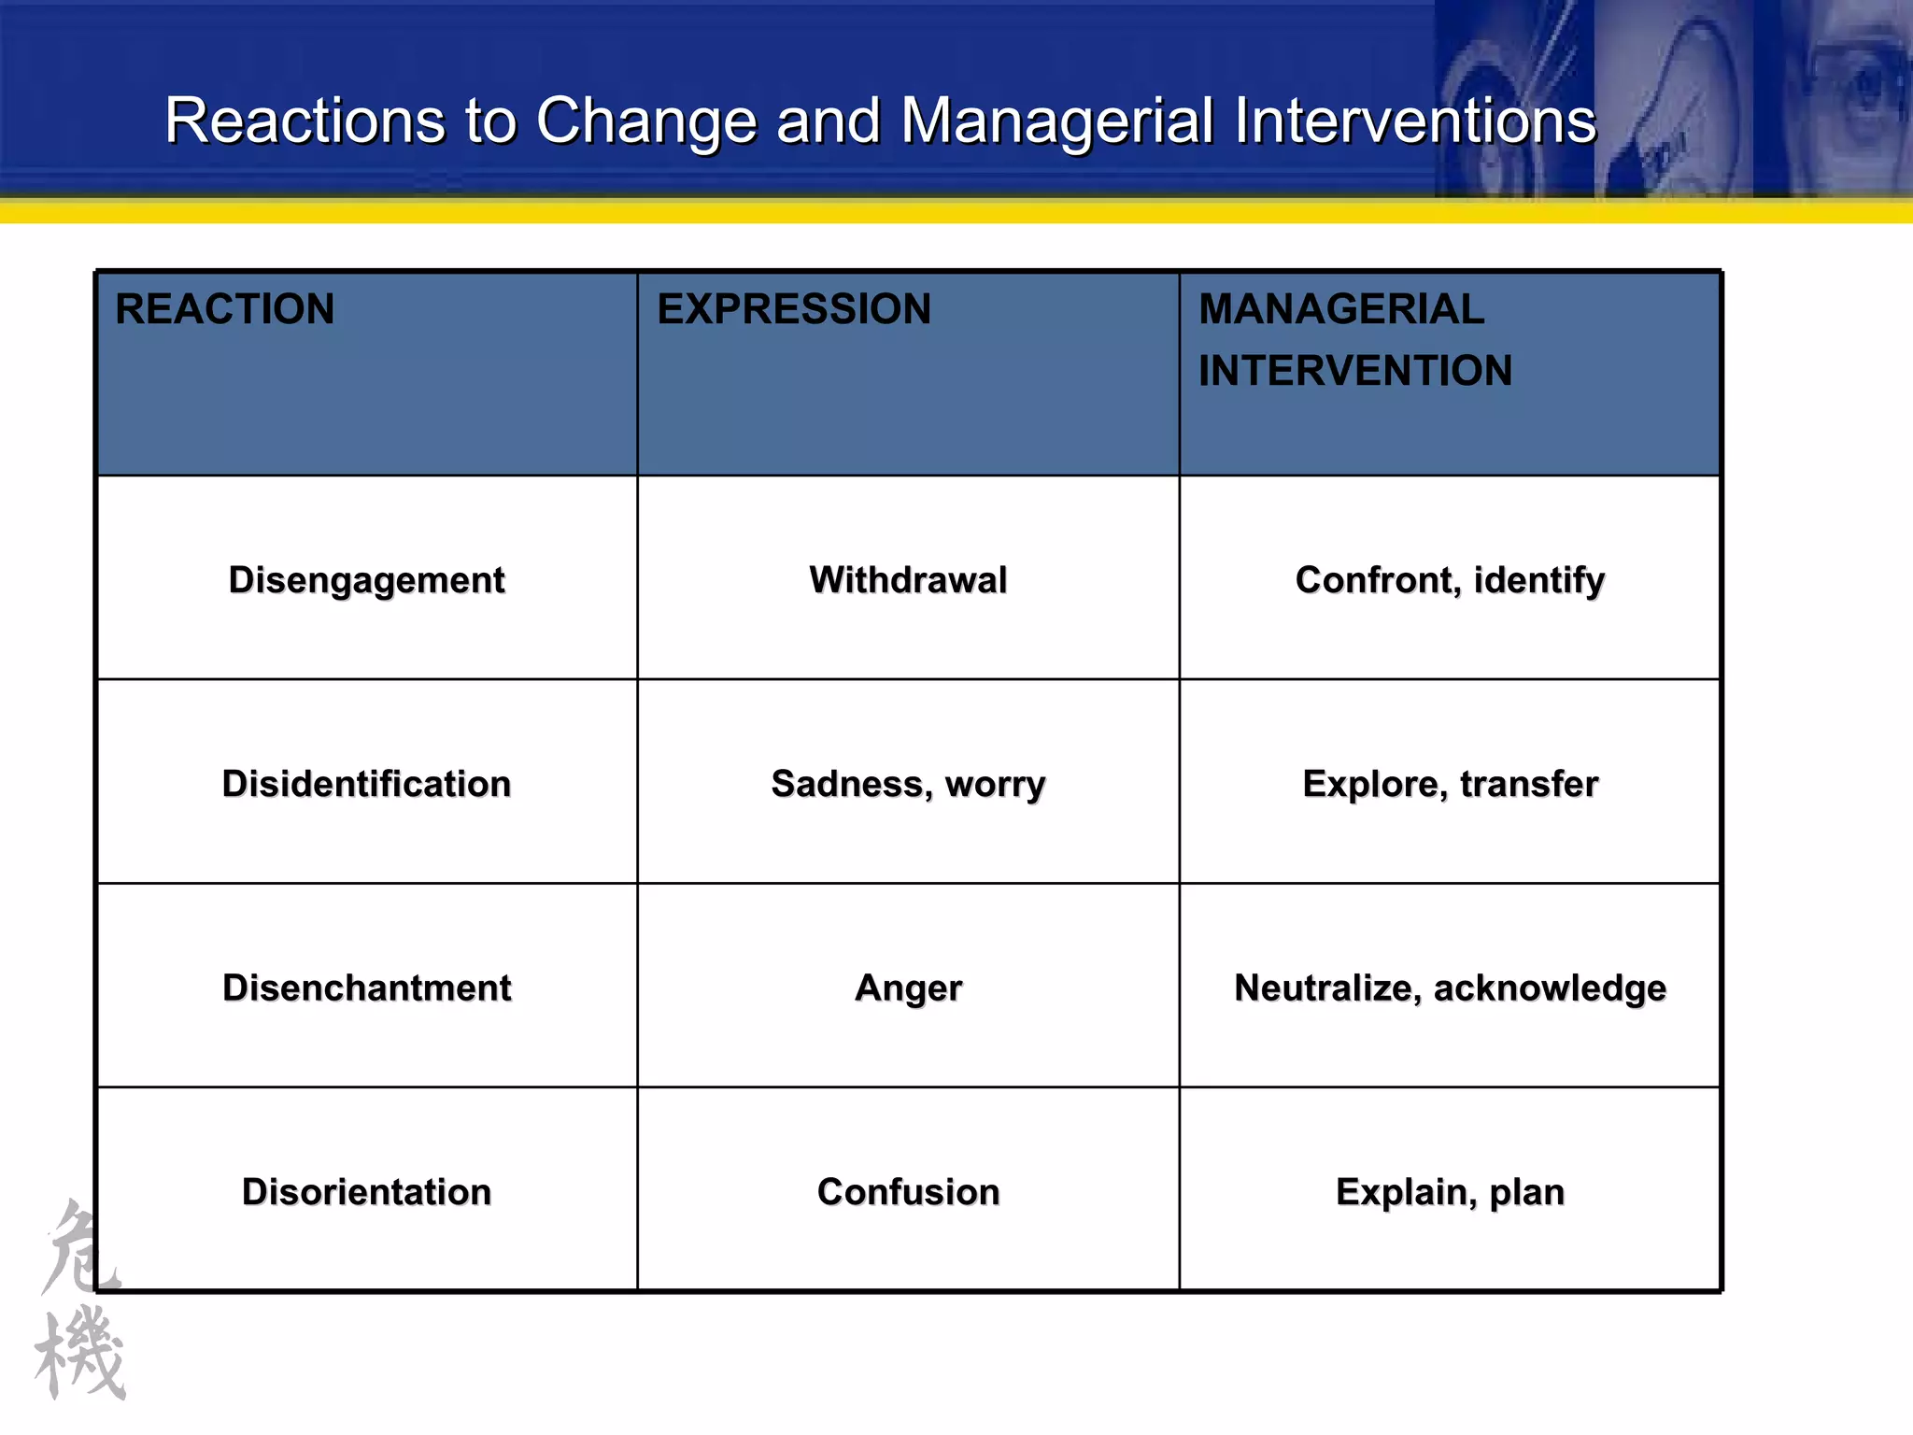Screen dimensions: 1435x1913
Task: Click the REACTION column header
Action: [x=224, y=309]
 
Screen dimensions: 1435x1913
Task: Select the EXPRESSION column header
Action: [x=794, y=309]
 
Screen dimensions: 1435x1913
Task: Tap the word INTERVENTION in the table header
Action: [x=1355, y=371]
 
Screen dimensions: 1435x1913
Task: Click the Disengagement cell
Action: [x=367, y=580]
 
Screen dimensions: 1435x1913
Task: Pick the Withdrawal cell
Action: [x=908, y=580]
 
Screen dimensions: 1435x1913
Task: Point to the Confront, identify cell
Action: [x=1450, y=580]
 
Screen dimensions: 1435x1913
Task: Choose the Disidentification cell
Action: [x=367, y=784]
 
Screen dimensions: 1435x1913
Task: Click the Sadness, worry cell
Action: [x=908, y=784]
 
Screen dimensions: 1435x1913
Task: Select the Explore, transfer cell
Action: [x=1450, y=784]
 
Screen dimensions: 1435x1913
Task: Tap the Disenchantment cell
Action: [x=367, y=987]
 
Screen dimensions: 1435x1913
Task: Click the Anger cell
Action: [x=908, y=987]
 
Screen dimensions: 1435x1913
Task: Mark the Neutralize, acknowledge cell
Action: [x=1450, y=987]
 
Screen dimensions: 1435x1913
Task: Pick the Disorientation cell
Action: [x=367, y=1192]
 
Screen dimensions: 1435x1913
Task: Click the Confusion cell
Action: [x=908, y=1192]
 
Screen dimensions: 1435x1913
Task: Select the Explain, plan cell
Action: [x=1450, y=1192]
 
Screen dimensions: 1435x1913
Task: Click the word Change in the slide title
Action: [x=646, y=121]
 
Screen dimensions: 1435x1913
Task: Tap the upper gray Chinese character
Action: [x=79, y=1247]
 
